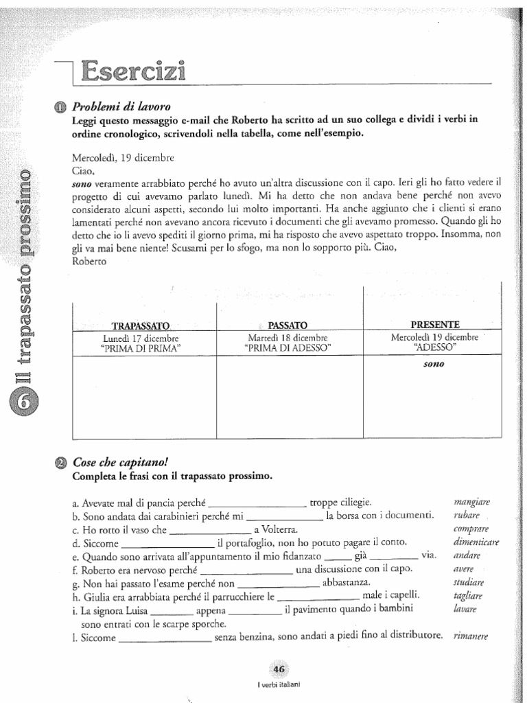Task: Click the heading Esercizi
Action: click(x=133, y=71)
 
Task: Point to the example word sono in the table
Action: click(x=434, y=365)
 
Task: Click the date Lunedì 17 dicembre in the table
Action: click(x=141, y=338)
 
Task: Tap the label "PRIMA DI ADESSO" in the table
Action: click(x=288, y=348)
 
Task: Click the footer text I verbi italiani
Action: click(x=279, y=684)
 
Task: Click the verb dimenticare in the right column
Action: click(x=476, y=542)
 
